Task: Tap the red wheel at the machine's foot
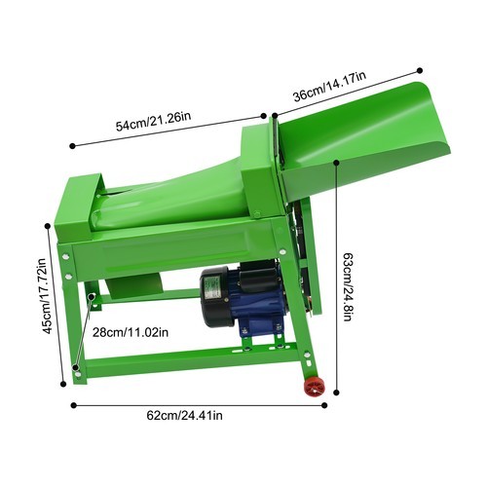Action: pyautogui.click(x=315, y=387)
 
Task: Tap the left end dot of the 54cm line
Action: pyautogui.click(x=74, y=147)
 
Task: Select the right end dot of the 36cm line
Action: pyautogui.click(x=420, y=69)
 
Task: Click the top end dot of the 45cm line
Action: pyautogui.click(x=49, y=226)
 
